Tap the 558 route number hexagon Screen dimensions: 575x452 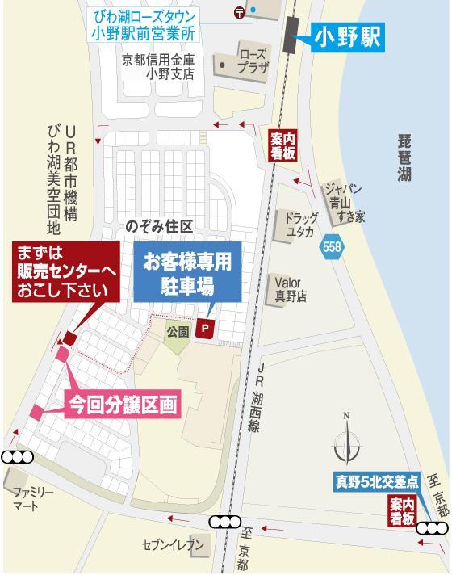coord(332,247)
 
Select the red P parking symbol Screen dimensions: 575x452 coord(206,329)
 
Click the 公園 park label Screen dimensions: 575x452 coord(178,332)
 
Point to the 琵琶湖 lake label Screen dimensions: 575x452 coord(404,158)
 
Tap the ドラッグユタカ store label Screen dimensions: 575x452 coord(299,225)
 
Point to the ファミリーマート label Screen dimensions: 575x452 coord(31,498)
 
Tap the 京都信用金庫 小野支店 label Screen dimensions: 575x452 coord(159,66)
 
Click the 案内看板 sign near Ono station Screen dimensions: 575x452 coord(282,146)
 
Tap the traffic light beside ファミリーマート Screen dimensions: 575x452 coord(16,457)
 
